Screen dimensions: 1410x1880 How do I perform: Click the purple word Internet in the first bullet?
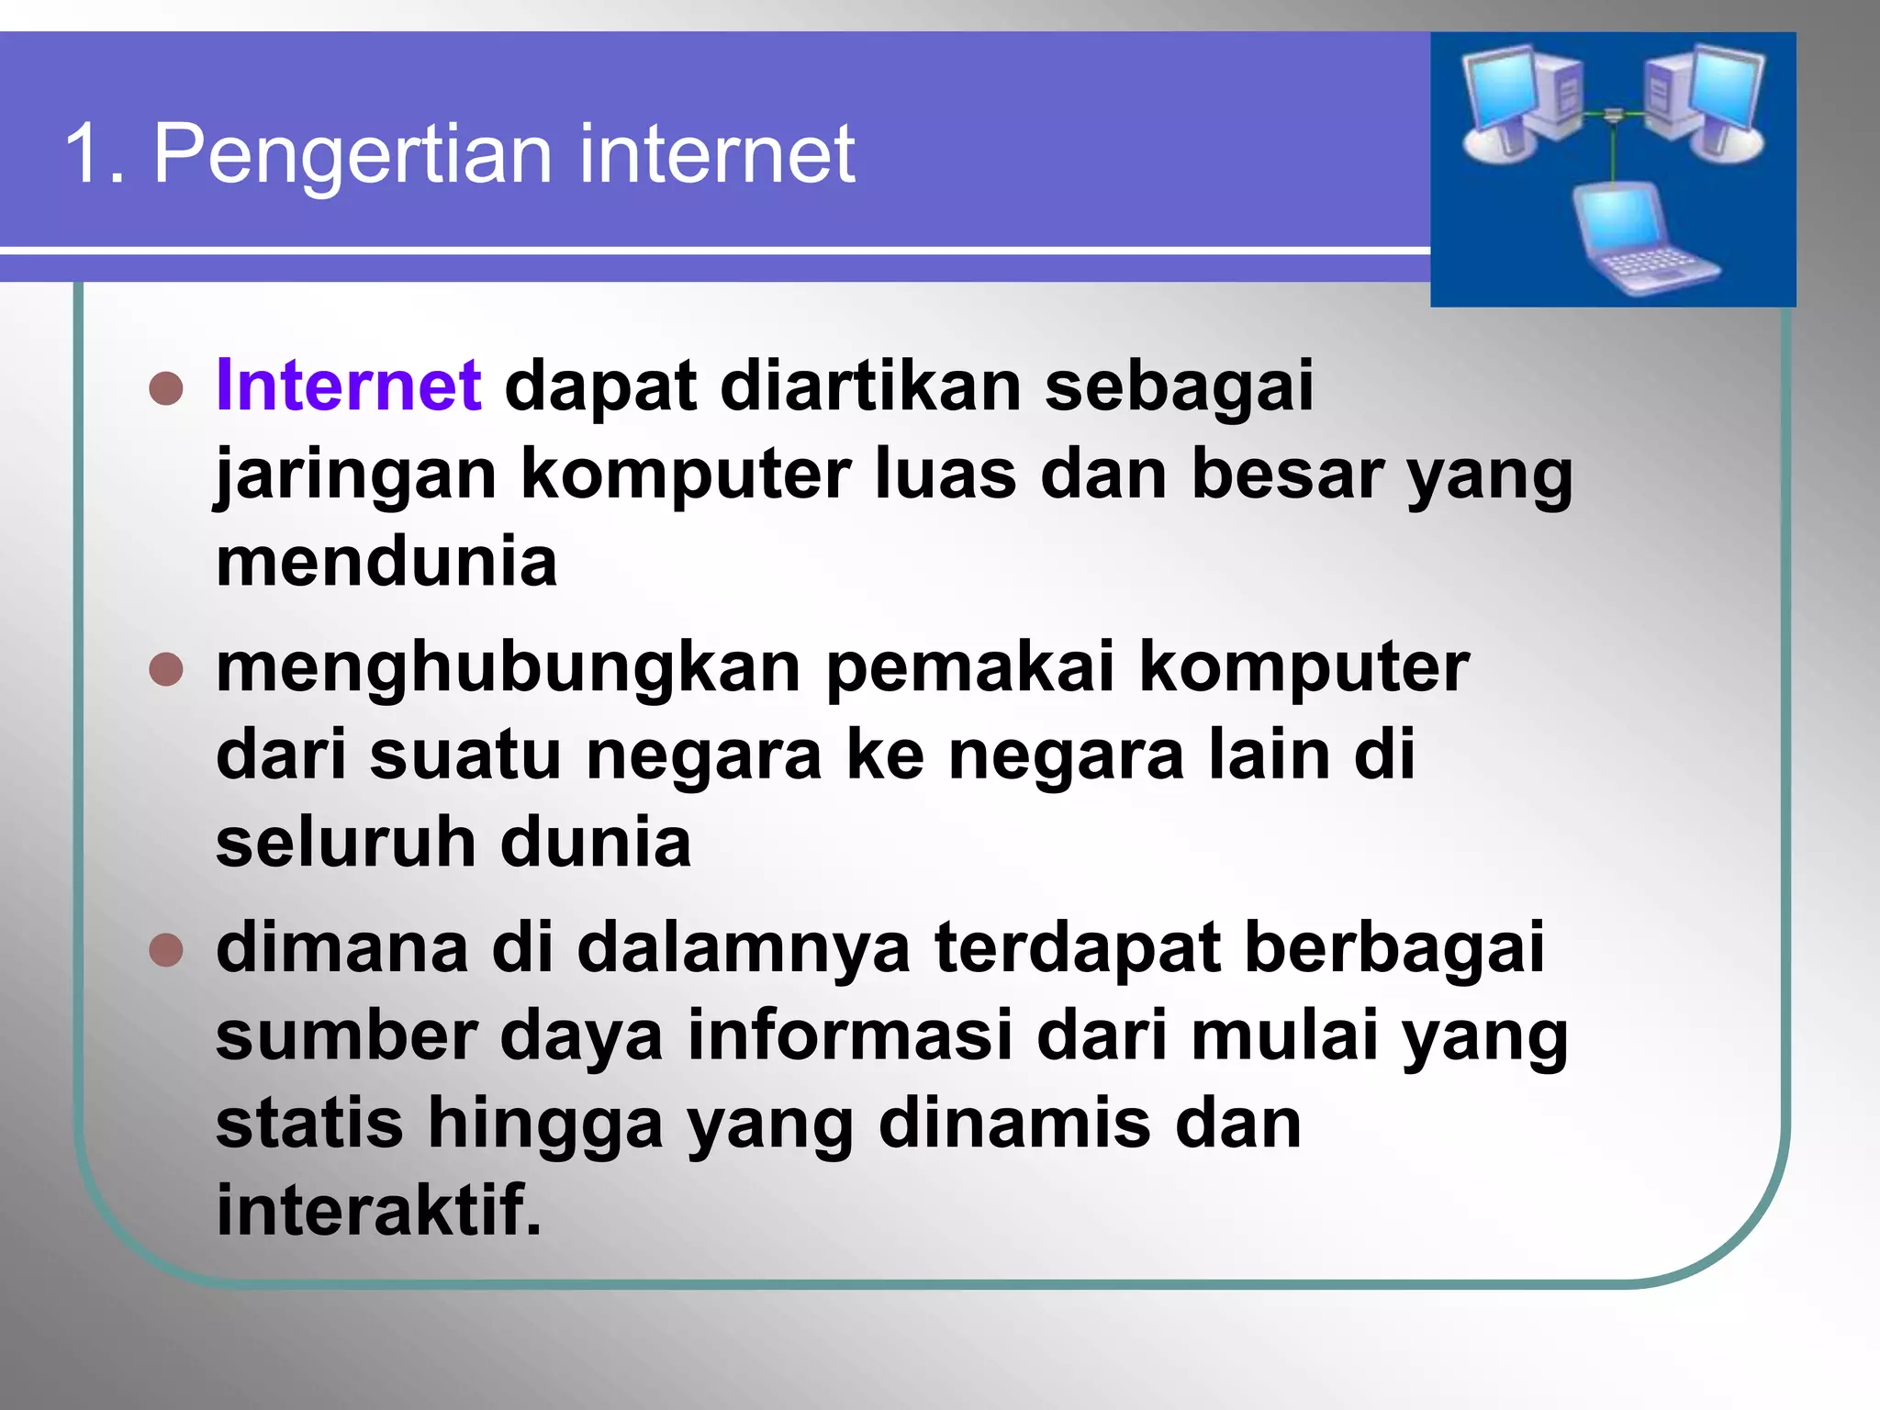pyautogui.click(x=348, y=386)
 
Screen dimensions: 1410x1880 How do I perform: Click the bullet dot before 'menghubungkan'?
pyautogui.click(x=166, y=669)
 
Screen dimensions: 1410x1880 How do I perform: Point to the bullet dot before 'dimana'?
pyautogui.click(x=166, y=950)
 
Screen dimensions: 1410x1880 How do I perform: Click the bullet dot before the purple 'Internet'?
pyautogui.click(x=166, y=388)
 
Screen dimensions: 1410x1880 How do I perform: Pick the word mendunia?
pyautogui.click(x=386, y=562)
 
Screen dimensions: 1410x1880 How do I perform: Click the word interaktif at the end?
pyautogui.click(x=378, y=1210)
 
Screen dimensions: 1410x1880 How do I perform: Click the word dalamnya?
pyautogui.click(x=743, y=948)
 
